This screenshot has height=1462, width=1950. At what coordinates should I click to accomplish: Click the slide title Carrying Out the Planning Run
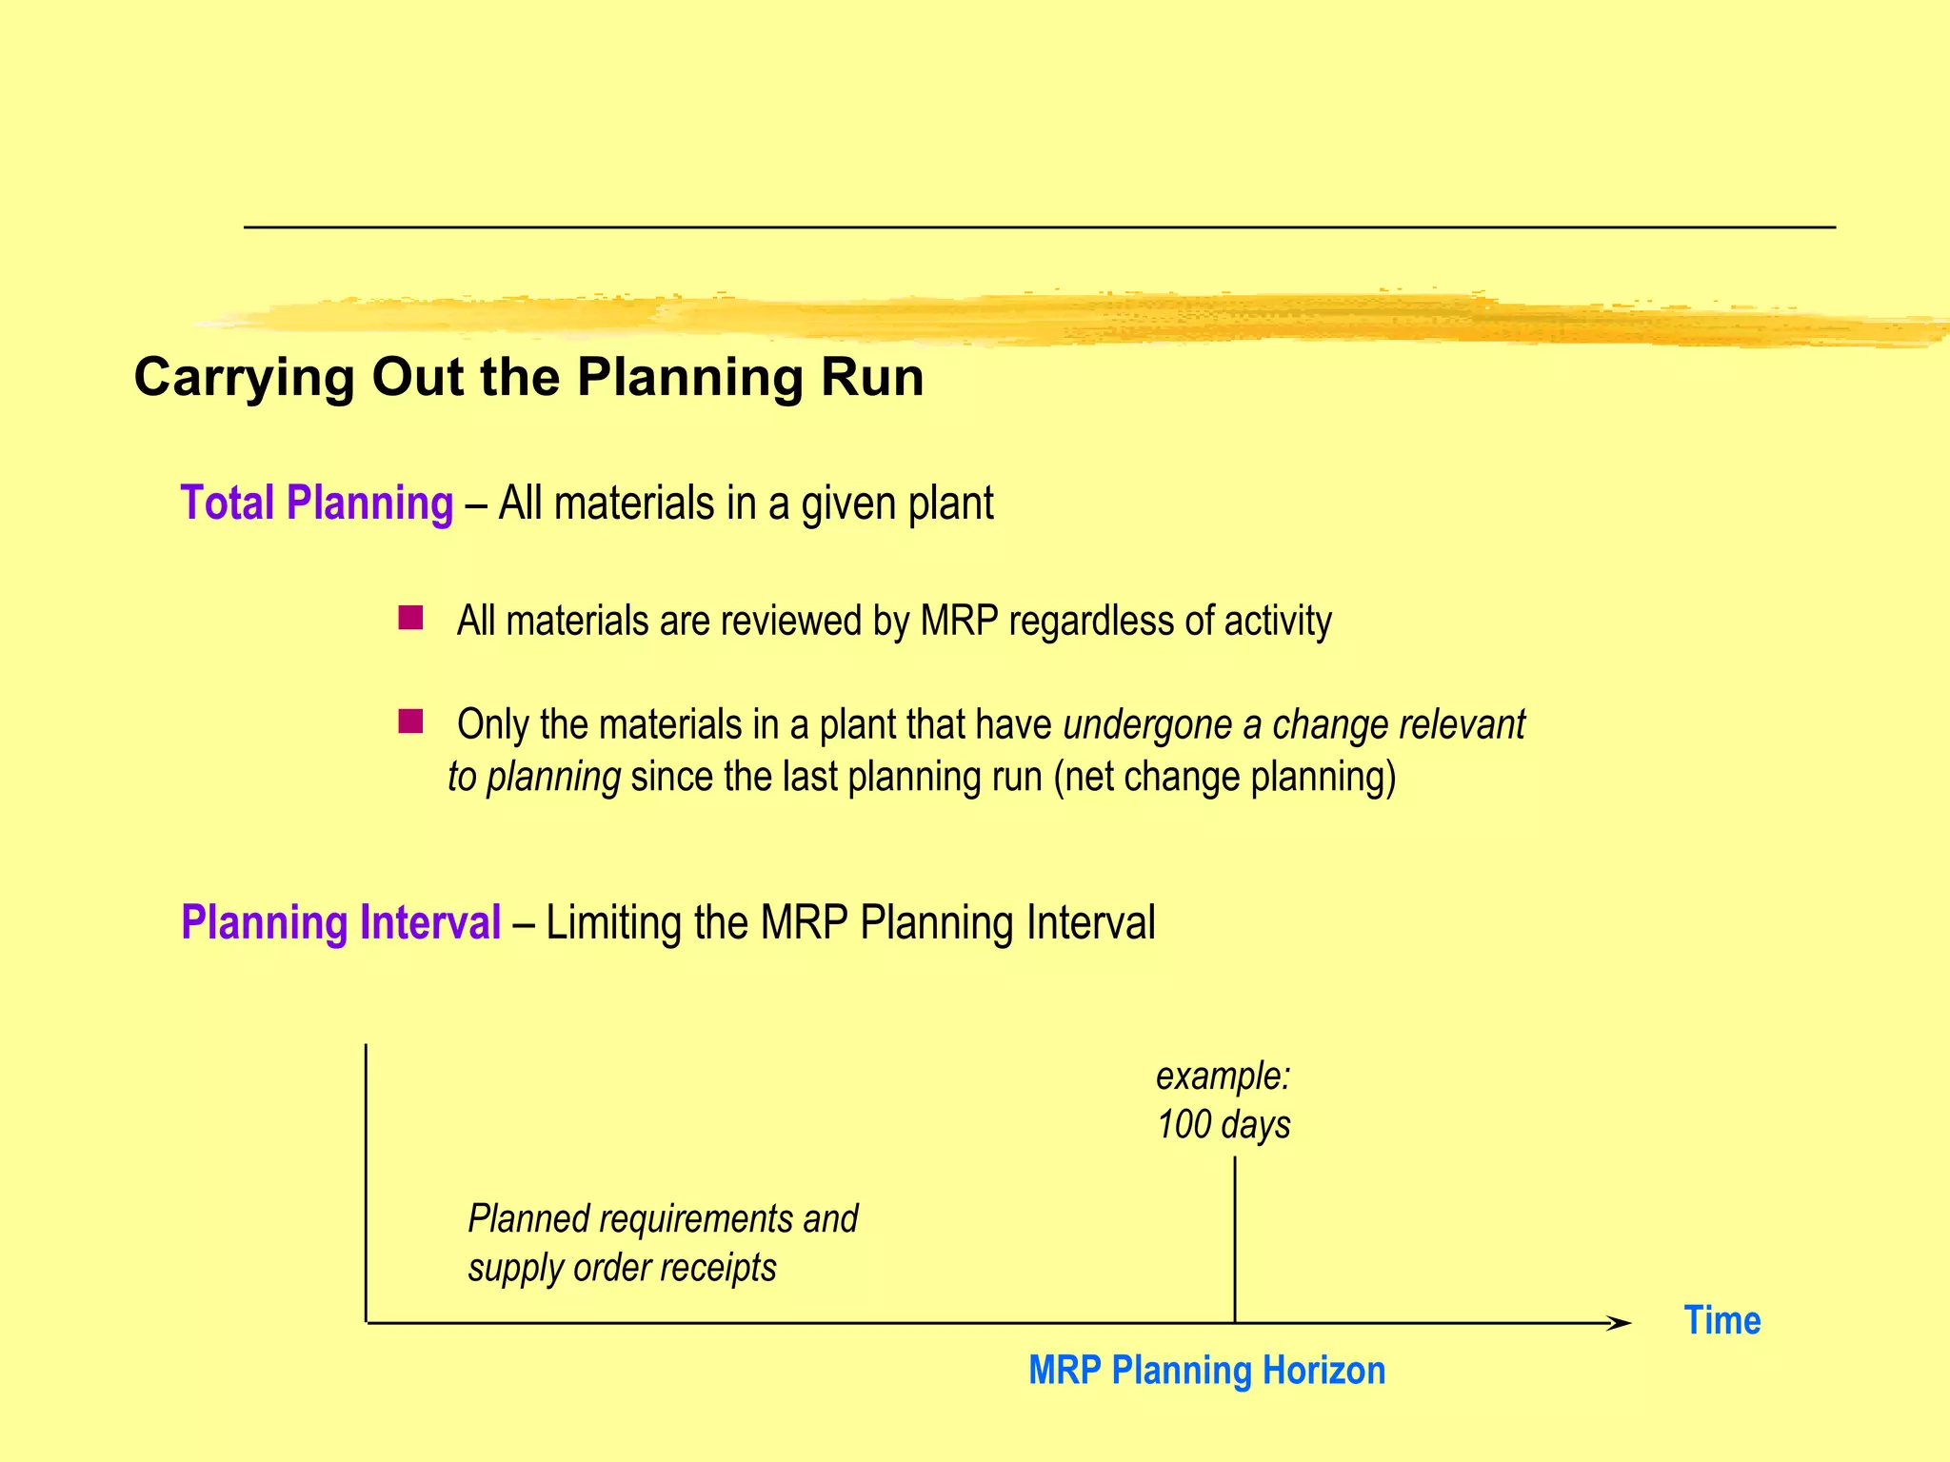click(528, 377)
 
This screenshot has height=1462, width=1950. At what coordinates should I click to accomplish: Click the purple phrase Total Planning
click(316, 503)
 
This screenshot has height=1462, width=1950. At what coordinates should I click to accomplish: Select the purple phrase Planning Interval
click(341, 922)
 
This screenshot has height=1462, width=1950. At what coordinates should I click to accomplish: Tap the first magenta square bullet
click(410, 619)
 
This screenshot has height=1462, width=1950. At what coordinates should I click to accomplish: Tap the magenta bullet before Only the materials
click(410, 721)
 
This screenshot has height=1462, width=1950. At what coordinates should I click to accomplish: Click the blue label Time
click(1721, 1320)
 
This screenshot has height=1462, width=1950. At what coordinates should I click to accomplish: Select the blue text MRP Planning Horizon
click(1206, 1371)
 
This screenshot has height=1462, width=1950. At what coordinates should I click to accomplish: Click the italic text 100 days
click(1223, 1124)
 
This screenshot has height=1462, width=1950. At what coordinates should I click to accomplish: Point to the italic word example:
click(1223, 1077)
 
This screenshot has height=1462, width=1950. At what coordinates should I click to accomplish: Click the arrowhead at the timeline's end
click(1618, 1323)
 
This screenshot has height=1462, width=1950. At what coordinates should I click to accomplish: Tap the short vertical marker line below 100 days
click(1235, 1237)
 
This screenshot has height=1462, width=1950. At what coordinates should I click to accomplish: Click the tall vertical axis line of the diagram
click(367, 1180)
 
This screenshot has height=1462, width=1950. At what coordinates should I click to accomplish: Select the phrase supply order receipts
click(622, 1268)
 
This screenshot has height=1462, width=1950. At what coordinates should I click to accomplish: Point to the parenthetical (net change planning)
click(1224, 777)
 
